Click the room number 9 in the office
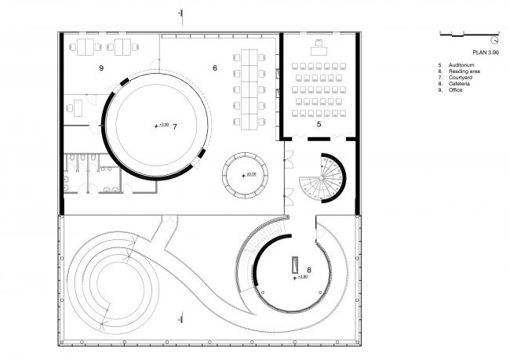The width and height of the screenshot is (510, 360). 102,69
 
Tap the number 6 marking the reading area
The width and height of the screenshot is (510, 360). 214,69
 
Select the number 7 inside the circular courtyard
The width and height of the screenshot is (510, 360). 175,125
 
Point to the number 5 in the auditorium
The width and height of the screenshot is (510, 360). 319,124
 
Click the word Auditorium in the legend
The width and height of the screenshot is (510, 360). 461,65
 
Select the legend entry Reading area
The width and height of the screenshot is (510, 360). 464,71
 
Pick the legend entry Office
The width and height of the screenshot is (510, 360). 457,90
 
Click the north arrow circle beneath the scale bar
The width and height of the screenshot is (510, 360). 495,39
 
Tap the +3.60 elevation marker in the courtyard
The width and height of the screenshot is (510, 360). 162,125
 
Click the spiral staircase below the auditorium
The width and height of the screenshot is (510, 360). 322,178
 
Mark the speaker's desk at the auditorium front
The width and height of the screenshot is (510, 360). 319,42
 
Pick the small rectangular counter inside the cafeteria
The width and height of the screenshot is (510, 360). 295,265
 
